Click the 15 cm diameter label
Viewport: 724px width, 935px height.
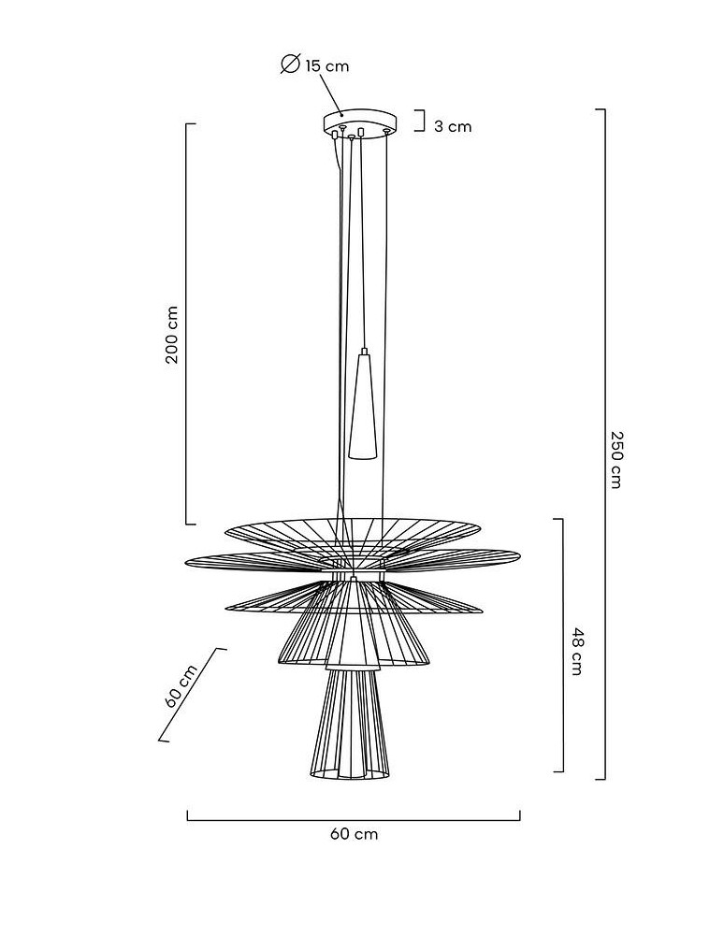pyautogui.click(x=326, y=65)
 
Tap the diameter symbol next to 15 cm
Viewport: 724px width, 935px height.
pyautogui.click(x=290, y=65)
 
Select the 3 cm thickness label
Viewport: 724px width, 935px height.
pyautogui.click(x=453, y=126)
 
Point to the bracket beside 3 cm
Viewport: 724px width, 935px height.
pyautogui.click(x=421, y=121)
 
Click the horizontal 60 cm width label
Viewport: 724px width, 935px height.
pyautogui.click(x=355, y=834)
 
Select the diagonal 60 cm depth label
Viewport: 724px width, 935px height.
pyautogui.click(x=181, y=687)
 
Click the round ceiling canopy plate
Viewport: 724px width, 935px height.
pyautogui.click(x=360, y=122)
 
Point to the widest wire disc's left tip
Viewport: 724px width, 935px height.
pyautogui.click(x=189, y=562)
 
